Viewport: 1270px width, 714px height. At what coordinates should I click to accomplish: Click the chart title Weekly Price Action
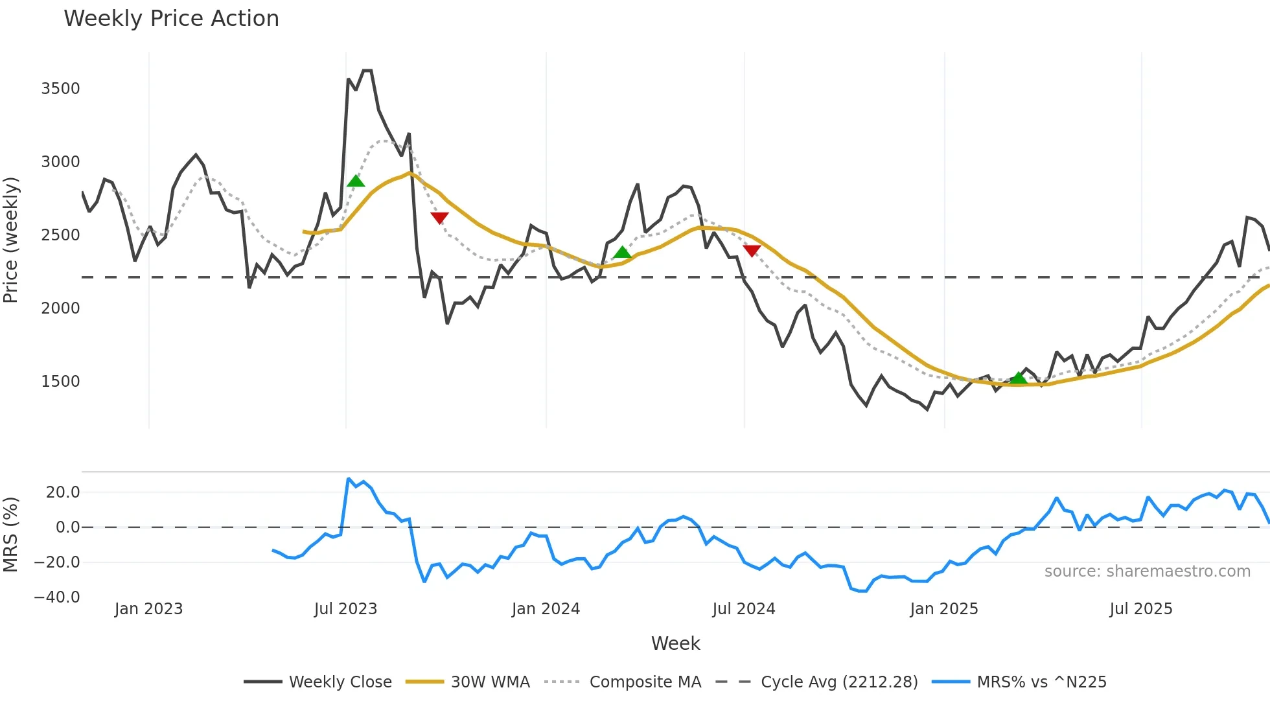point(171,19)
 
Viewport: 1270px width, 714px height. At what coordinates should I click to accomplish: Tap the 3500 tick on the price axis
point(60,89)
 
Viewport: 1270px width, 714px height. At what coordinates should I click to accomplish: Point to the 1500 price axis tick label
point(60,382)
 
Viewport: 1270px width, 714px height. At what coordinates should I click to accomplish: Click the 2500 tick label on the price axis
point(60,235)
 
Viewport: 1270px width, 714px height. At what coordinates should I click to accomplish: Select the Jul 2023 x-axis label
point(345,609)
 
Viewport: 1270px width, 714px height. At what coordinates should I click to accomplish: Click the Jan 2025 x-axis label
point(943,609)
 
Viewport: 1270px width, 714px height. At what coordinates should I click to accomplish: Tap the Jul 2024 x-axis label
point(743,609)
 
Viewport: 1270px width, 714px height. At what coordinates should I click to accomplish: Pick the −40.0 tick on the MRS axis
point(57,597)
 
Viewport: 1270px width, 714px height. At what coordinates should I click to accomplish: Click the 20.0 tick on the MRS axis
point(63,492)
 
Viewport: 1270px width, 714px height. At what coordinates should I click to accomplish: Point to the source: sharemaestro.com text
point(1147,571)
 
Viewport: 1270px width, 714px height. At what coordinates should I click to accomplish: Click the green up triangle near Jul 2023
point(356,181)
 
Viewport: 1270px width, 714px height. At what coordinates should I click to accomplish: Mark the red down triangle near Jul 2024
point(752,251)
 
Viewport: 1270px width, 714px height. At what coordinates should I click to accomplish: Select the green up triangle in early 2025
point(1019,378)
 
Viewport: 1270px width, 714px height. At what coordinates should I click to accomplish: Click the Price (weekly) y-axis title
point(11,240)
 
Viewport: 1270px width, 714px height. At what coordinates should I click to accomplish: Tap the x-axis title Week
point(675,643)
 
